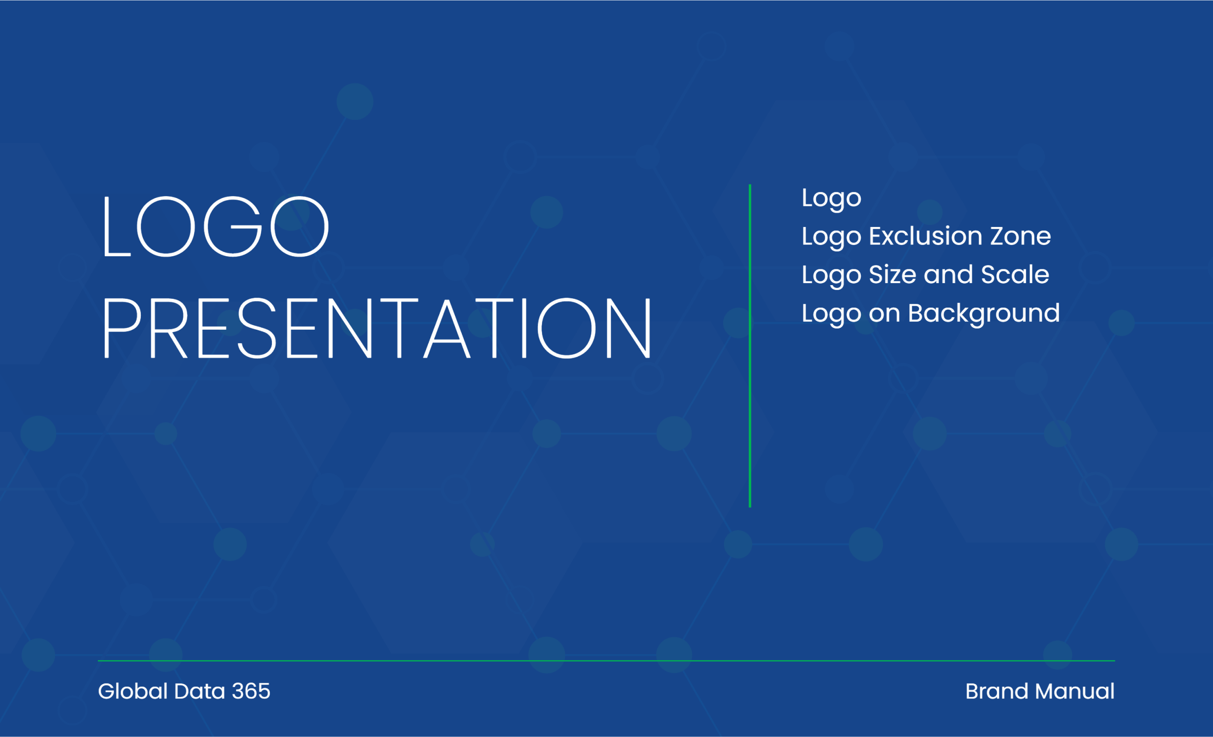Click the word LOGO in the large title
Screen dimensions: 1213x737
point(216,226)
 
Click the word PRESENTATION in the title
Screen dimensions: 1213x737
point(377,328)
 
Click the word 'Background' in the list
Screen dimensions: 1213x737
point(984,313)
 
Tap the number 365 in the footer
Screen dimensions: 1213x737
point(251,691)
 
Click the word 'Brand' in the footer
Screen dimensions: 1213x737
point(997,691)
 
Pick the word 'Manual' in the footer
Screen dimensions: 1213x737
point(1075,691)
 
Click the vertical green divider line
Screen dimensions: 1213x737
point(750,346)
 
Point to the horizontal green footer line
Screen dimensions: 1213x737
point(606,661)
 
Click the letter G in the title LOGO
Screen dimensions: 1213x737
point(233,226)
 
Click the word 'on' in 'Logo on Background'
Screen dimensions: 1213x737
point(885,313)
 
